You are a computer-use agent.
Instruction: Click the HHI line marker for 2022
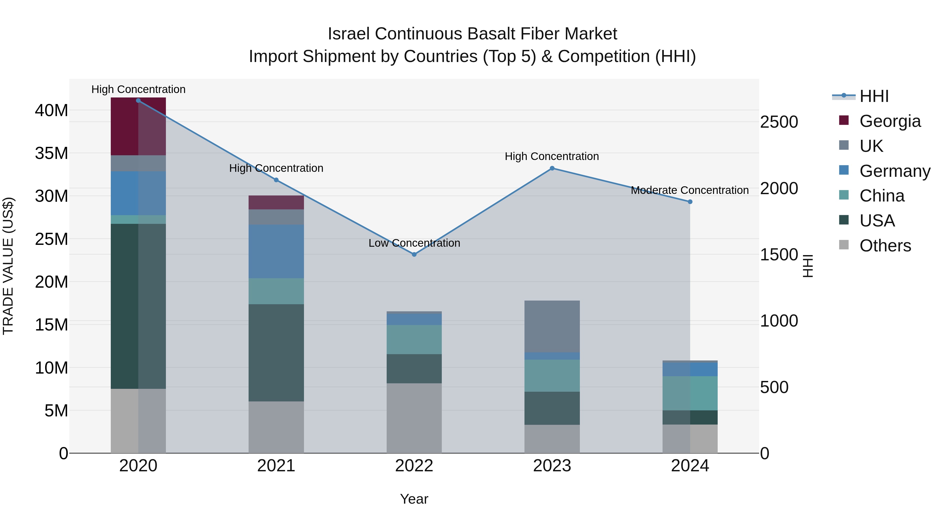[x=414, y=254]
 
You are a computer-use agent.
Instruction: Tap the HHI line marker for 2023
[x=552, y=168]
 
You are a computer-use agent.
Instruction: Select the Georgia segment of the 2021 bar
[x=276, y=202]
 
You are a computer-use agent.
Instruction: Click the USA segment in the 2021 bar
[x=276, y=353]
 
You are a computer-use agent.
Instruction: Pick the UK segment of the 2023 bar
[x=552, y=326]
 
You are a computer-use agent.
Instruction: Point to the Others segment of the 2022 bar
[x=414, y=418]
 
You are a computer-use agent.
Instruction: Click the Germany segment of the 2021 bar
[x=276, y=251]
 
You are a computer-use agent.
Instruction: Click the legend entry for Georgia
[x=890, y=121]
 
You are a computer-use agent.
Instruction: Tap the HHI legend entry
[x=874, y=96]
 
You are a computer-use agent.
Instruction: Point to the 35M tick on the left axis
[x=51, y=153]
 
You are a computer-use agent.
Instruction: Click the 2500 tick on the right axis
[x=779, y=122]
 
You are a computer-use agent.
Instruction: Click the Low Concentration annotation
[x=414, y=243]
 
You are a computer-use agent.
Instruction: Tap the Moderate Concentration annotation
[x=690, y=190]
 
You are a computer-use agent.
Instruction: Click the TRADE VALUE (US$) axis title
[x=8, y=266]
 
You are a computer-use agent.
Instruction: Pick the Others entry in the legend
[x=885, y=246]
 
